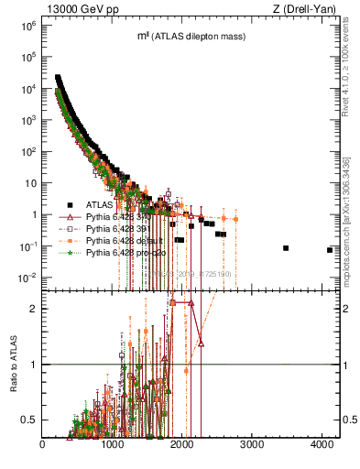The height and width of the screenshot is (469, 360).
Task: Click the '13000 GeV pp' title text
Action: (x=80, y=8)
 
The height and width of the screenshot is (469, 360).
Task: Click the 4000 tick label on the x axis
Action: (x=322, y=445)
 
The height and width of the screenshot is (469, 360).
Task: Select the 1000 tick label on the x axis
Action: (x=113, y=445)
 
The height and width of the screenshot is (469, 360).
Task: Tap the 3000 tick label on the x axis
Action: (x=252, y=445)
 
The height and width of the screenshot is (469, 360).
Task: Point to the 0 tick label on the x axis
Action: (x=43, y=445)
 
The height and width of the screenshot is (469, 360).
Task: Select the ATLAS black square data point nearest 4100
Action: (x=330, y=250)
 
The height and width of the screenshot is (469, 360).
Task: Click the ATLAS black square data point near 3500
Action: (x=286, y=248)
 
